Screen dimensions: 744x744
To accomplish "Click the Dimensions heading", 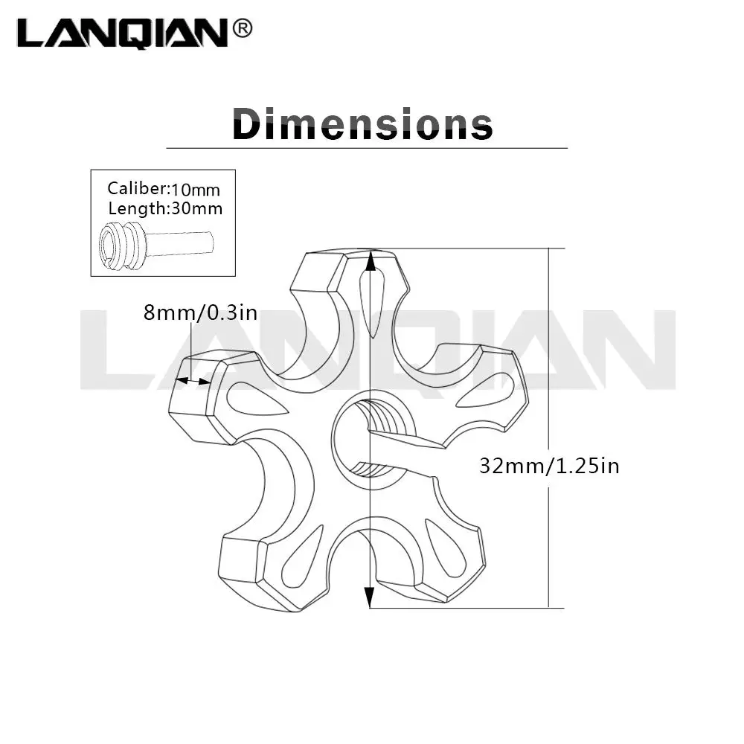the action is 363,124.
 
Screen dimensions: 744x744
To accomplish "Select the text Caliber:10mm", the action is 164,188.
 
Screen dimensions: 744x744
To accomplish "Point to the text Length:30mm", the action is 165,208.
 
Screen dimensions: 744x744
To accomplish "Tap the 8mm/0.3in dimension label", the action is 200,312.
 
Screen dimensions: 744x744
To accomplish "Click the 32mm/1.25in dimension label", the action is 550,466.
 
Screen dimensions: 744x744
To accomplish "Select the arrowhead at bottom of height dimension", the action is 369,597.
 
